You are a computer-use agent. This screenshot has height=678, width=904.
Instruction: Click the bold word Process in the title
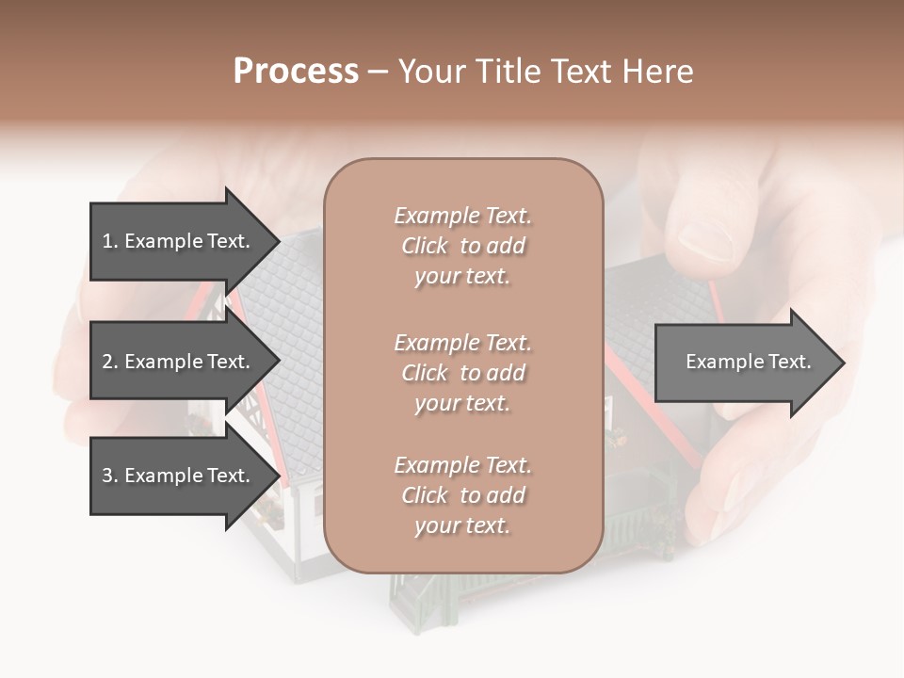(x=296, y=72)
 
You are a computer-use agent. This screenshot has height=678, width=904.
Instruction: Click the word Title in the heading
(x=507, y=72)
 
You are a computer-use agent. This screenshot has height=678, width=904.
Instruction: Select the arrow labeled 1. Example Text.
(x=175, y=241)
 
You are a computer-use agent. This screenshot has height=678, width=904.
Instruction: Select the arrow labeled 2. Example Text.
(x=175, y=362)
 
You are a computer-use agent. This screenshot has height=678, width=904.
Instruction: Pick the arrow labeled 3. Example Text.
(x=175, y=476)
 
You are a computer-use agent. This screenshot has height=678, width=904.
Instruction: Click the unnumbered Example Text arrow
(x=748, y=362)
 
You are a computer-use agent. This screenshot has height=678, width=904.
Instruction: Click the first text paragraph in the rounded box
(x=462, y=246)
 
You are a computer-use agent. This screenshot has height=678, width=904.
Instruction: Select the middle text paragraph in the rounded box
(x=462, y=373)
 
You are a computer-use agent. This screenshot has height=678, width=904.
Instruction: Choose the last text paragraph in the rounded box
(x=462, y=495)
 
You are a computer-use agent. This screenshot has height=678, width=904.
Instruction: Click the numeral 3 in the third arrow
(x=107, y=476)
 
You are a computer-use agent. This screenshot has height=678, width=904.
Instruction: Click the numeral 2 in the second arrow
(x=107, y=362)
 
